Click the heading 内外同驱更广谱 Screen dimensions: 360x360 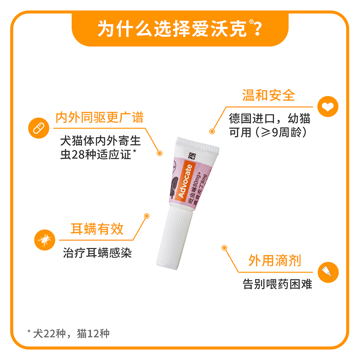[99, 118]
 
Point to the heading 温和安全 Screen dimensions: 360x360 [269, 95]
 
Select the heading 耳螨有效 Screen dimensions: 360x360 [97, 229]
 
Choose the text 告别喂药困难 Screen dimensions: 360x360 [277, 285]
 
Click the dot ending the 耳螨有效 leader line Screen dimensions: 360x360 [146, 216]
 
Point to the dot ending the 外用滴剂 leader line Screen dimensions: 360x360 [224, 247]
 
